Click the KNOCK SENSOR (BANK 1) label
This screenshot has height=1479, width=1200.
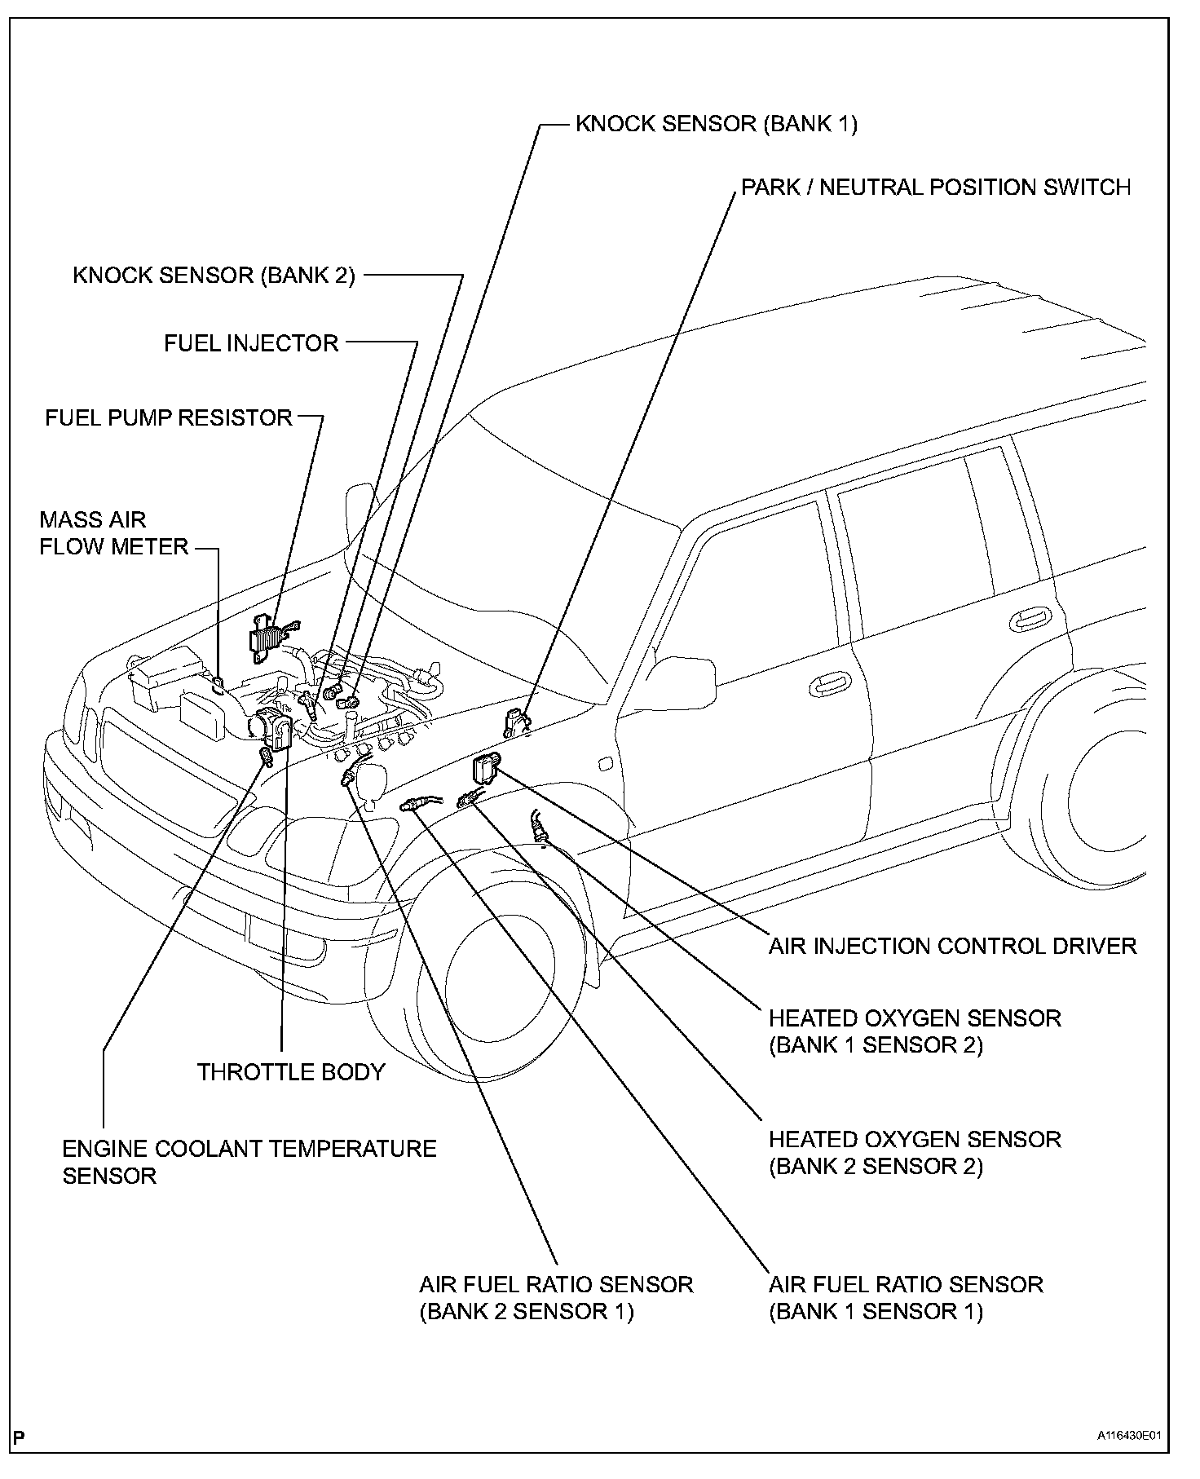(716, 124)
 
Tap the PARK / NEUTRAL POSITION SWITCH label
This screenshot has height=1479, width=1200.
(935, 188)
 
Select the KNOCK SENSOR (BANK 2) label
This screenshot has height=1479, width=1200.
(214, 276)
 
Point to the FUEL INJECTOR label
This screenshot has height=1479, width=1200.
(251, 343)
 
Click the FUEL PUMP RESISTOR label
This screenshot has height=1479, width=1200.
(168, 418)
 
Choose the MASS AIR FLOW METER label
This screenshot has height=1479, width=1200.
(114, 533)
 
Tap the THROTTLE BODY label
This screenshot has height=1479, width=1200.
(291, 1072)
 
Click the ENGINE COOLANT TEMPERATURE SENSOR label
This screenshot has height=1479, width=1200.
(249, 1162)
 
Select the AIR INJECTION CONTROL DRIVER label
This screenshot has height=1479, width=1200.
(952, 947)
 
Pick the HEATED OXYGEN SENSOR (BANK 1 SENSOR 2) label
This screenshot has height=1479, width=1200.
(915, 1031)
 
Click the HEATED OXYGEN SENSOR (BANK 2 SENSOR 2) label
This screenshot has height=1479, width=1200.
(915, 1152)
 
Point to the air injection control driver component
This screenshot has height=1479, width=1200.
(485, 768)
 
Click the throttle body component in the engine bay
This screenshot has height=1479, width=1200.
(273, 727)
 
